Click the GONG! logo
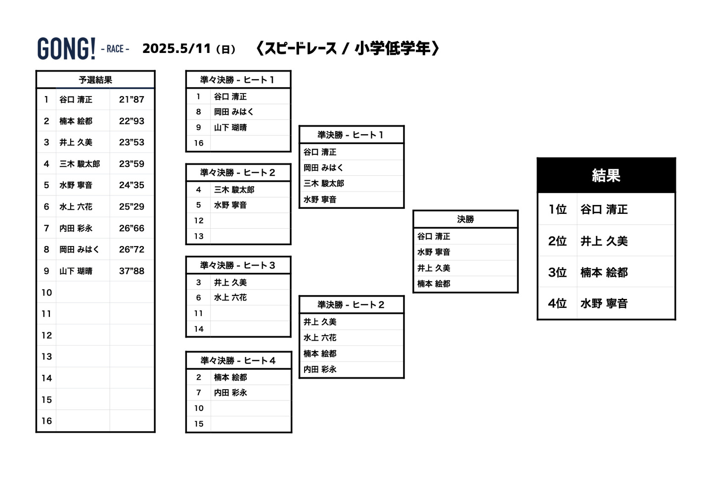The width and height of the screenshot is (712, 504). (66, 49)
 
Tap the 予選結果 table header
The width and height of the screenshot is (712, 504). (95, 80)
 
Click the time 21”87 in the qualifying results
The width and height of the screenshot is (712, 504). (132, 100)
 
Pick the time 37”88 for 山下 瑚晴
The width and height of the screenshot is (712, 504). (132, 271)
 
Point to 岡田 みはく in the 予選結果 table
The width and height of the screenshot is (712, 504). (79, 250)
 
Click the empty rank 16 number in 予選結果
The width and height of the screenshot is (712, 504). (46, 421)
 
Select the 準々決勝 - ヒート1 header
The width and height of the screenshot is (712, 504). (238, 80)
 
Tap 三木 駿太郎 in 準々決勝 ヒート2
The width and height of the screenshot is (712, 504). (234, 190)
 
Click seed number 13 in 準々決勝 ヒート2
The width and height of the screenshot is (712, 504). (199, 237)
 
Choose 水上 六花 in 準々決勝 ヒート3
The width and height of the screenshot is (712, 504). (230, 298)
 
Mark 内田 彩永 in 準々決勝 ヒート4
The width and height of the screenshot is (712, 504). (230, 393)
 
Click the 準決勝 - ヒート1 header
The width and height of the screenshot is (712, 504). (351, 135)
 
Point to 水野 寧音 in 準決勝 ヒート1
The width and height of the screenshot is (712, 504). (320, 200)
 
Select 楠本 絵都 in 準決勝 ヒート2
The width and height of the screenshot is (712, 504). (320, 353)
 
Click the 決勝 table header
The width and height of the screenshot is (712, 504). (465, 219)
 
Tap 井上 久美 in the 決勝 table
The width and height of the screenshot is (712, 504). (434, 268)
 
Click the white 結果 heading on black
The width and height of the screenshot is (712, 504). (606, 175)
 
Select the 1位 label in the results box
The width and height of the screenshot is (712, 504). (557, 209)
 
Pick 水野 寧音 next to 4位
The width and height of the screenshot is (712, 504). (604, 303)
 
